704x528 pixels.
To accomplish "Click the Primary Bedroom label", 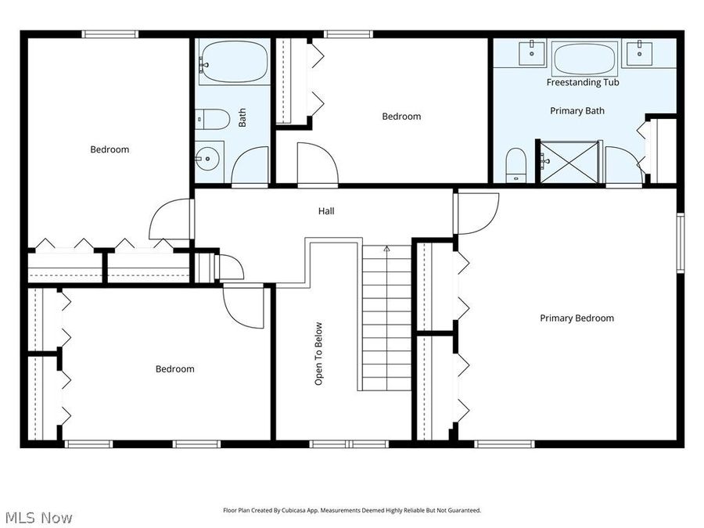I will pos(576,318).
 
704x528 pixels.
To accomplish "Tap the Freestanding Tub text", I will pos(583,82).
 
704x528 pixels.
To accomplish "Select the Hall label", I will pos(326,210).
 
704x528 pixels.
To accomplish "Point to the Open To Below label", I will pos(318,354).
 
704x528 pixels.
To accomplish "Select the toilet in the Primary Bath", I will pos(515,163).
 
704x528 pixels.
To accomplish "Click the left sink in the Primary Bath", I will pos(532,52).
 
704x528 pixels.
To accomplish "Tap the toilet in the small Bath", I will pos(214,119).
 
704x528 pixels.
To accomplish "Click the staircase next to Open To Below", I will pos(386,317).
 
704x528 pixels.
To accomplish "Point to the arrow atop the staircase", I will pos(386,249).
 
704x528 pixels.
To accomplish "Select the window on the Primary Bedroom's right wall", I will pos(680,242).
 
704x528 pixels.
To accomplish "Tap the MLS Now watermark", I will pos(39,517).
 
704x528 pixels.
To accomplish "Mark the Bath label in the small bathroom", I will pos(242,118).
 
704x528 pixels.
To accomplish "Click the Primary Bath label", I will pos(576,110).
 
